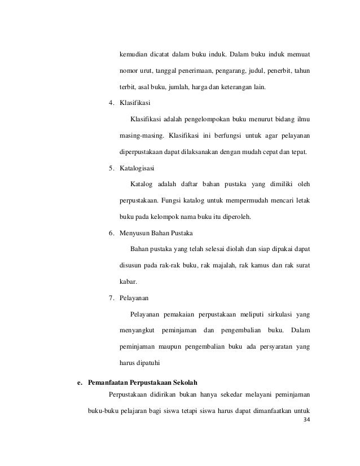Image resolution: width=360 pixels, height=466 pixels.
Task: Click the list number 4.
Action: tap(111, 103)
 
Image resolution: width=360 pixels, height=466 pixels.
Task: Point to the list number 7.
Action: tap(111, 297)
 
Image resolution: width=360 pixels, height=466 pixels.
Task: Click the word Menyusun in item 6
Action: tap(134, 232)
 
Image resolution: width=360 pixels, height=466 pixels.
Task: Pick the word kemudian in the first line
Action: tap(134, 55)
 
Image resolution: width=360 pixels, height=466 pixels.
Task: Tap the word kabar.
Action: tap(128, 281)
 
